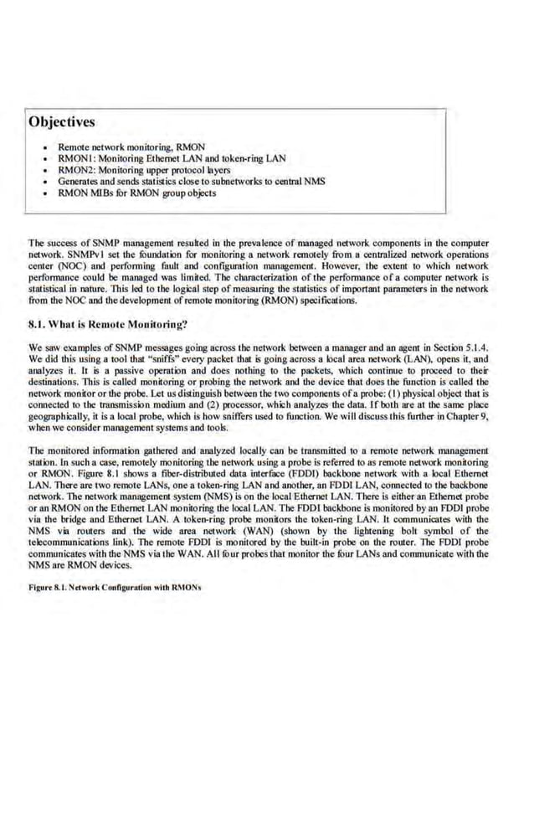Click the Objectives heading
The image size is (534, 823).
tap(62, 122)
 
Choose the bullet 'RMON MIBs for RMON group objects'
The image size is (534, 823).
tap(136, 193)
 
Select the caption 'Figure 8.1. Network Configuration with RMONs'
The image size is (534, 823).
tap(115, 587)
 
